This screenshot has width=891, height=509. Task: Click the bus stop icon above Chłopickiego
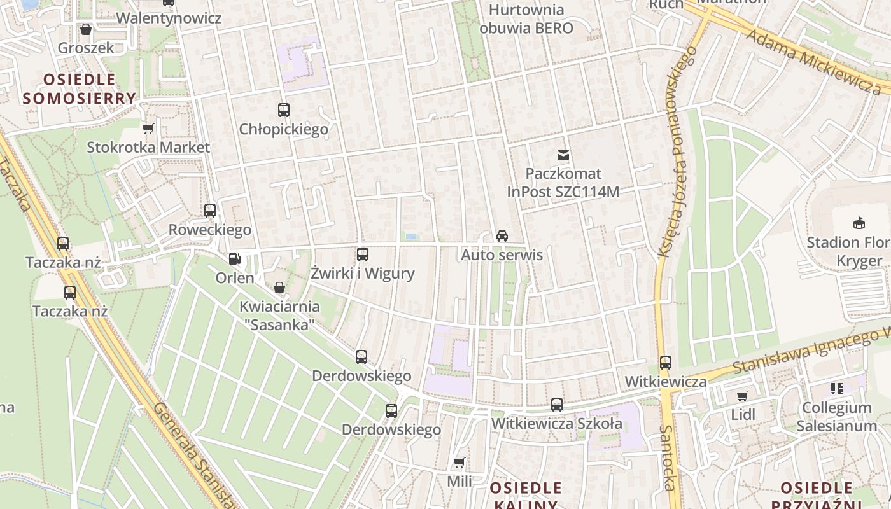[284, 110]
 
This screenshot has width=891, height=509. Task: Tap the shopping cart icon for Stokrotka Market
[148, 129]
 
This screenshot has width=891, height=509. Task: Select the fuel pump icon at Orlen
[235, 259]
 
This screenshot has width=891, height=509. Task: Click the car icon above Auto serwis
[502, 236]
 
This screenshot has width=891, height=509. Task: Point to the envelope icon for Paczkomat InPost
[563, 155]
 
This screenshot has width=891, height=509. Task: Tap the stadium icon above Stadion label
[859, 223]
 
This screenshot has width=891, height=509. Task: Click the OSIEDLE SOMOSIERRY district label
[79, 89]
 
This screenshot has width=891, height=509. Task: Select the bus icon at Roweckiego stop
[210, 211]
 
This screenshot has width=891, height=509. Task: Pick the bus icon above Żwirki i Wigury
[363, 254]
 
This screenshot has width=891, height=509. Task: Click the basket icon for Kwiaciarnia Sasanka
[279, 288]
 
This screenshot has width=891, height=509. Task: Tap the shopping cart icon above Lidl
[743, 396]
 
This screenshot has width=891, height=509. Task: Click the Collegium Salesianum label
[836, 417]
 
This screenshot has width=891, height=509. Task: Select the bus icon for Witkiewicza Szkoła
[557, 405]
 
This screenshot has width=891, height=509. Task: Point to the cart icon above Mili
[459, 463]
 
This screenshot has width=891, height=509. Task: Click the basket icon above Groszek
[86, 29]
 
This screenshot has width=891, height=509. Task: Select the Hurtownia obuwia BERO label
[526, 19]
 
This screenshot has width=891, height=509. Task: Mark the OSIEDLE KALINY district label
[526, 497]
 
